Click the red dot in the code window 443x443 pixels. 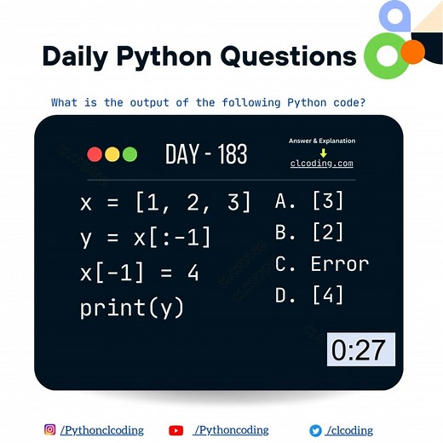[x=95, y=154]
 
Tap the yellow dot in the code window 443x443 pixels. [x=112, y=154]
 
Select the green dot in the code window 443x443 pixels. [x=129, y=154]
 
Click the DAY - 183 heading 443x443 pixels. [x=206, y=154]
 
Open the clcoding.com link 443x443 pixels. [x=321, y=164]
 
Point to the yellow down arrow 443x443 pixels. [x=322, y=152]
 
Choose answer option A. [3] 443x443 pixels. [x=309, y=201]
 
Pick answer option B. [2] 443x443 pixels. [x=309, y=233]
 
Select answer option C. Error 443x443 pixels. [x=322, y=264]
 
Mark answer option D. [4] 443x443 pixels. [x=309, y=295]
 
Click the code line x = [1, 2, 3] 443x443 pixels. [x=165, y=203]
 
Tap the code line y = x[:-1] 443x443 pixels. [x=145, y=238]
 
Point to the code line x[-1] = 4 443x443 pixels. [x=139, y=273]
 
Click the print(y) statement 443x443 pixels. [x=132, y=308]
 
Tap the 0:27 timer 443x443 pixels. [x=361, y=349]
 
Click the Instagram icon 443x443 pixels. [x=50, y=430]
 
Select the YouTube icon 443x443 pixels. [x=176, y=430]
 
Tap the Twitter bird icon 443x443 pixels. [x=315, y=430]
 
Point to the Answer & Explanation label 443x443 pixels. [x=322, y=141]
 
